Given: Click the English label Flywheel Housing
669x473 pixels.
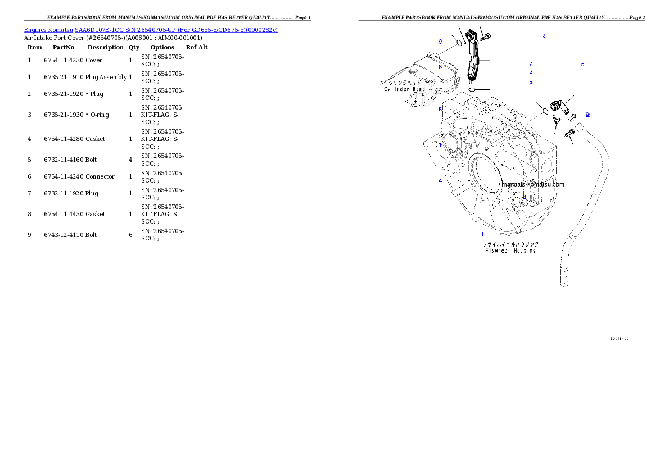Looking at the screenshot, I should pyautogui.click(x=511, y=251).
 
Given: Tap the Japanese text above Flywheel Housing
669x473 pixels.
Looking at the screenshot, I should pyautogui.click(x=511, y=244).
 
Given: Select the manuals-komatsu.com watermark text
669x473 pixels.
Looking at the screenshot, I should pyautogui.click(x=533, y=184).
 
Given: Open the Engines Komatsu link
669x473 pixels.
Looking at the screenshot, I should pyautogui.click(x=49, y=30).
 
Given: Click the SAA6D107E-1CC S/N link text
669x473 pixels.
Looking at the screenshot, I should pyautogui.click(x=112, y=30).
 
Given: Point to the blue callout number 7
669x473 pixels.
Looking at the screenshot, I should pyautogui.click(x=530, y=64).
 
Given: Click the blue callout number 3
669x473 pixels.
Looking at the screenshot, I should pyautogui.click(x=530, y=84).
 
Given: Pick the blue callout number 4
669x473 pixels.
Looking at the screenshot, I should pyautogui.click(x=440, y=181).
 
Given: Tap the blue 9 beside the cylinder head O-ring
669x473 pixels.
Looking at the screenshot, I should pyautogui.click(x=440, y=42).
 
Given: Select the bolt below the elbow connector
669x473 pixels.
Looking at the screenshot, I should pyautogui.click(x=569, y=133).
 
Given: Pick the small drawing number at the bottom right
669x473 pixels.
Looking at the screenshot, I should pyautogui.click(x=618, y=339).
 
